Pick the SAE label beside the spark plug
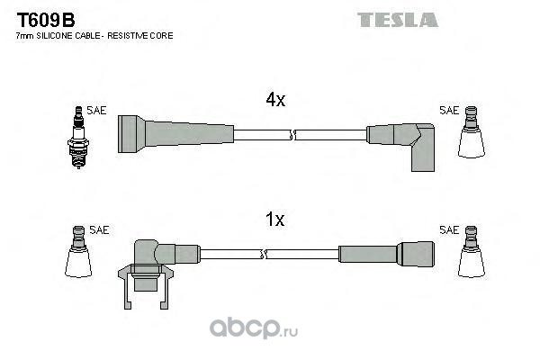(x=97, y=111)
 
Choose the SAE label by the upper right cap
(x=448, y=111)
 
